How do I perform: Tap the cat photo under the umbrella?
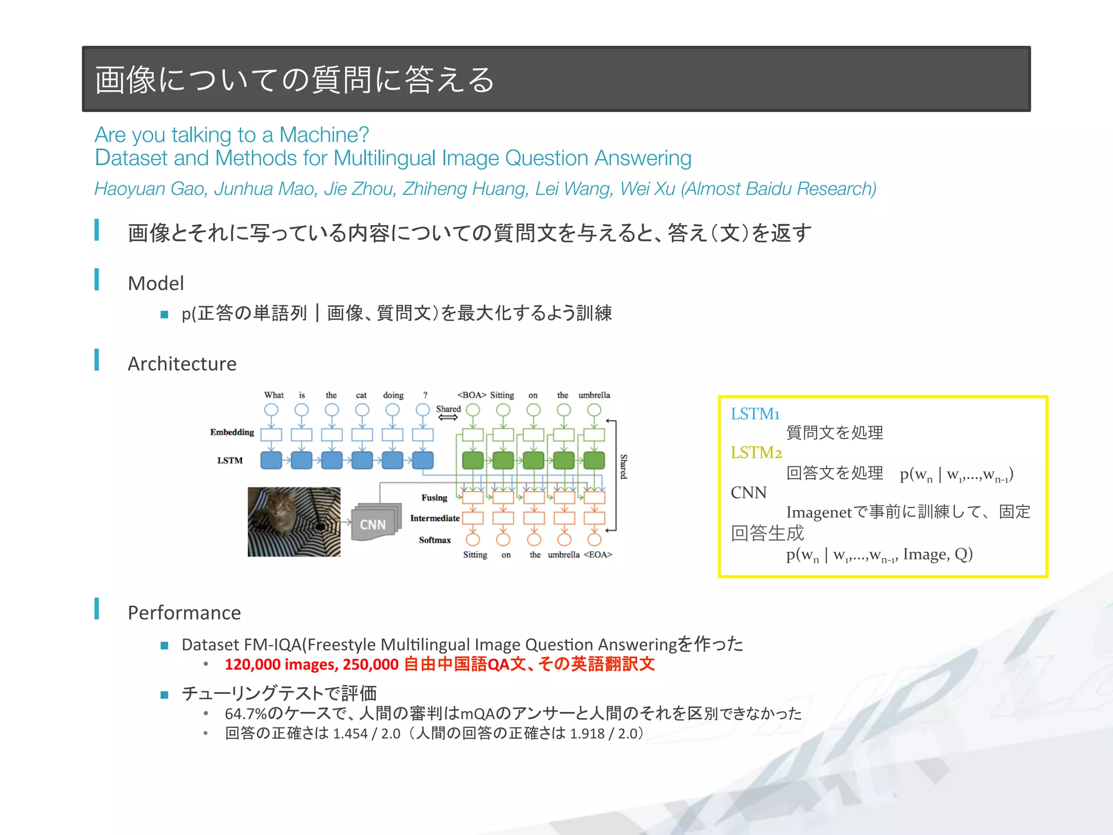(294, 522)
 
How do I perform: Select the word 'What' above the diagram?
(274, 395)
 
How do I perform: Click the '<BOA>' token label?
(472, 395)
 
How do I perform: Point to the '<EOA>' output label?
(598, 554)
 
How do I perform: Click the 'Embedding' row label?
(232, 432)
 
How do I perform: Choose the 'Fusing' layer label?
(434, 497)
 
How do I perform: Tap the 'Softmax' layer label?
(435, 540)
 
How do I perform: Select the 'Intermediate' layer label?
(435, 518)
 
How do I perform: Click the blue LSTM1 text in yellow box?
(755, 414)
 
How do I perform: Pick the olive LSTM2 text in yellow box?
(756, 452)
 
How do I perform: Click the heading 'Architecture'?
(182, 364)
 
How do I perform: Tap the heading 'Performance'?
(184, 613)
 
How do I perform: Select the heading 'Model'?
(156, 283)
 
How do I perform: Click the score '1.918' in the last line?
(587, 734)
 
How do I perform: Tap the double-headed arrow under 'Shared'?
(448, 417)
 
